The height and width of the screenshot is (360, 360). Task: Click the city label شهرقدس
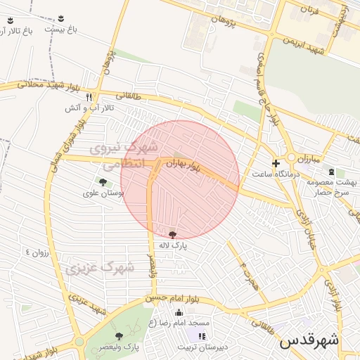click(x=309, y=340)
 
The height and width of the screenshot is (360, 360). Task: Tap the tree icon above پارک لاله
click(x=173, y=234)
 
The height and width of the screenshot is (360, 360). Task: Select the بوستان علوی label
click(x=103, y=193)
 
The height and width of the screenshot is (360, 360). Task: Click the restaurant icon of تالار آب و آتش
click(x=89, y=97)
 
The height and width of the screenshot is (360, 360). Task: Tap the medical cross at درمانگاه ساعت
click(x=276, y=163)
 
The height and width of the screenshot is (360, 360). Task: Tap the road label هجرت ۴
click(x=249, y=275)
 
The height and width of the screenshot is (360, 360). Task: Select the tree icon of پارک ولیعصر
click(x=118, y=336)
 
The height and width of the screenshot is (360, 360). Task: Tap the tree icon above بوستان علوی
click(x=103, y=182)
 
